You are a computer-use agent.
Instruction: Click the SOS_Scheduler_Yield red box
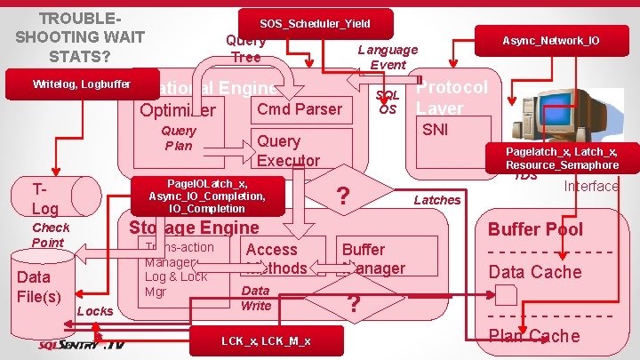tap(315, 22)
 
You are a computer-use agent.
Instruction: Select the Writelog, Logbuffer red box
tap(81, 84)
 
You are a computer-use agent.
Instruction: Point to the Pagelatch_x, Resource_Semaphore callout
tap(562, 157)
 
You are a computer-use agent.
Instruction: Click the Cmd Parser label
tap(298, 109)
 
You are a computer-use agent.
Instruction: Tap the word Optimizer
tap(178, 111)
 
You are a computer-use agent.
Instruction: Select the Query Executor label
tap(287, 150)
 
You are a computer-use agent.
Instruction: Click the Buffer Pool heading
tap(535, 228)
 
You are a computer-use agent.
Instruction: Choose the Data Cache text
tap(535, 272)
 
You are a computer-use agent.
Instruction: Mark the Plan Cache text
tap(534, 336)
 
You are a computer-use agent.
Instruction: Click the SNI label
tap(435, 130)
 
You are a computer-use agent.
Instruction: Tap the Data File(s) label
tap(40, 286)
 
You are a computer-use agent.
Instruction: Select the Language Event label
tap(388, 57)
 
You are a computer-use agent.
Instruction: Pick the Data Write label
tap(256, 298)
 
